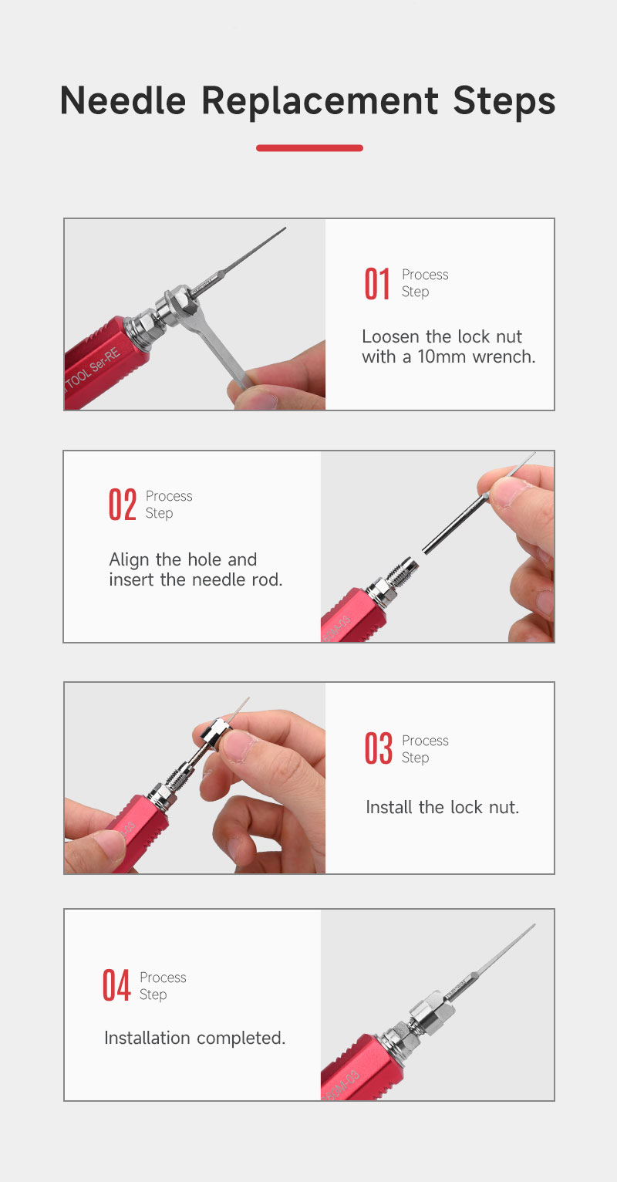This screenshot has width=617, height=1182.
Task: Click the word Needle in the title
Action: (x=123, y=100)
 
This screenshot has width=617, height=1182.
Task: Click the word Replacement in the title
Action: (x=319, y=101)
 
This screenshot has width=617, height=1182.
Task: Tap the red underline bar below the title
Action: (x=309, y=148)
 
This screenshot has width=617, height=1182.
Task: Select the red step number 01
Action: (x=377, y=284)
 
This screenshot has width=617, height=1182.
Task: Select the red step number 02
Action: (x=123, y=505)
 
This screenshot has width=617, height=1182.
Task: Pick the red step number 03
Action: (x=379, y=748)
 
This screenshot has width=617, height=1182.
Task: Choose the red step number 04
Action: (x=116, y=985)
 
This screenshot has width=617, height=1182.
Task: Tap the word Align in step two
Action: (x=130, y=560)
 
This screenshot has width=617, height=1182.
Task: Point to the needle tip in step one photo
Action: (x=285, y=228)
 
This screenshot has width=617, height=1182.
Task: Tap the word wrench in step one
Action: (x=504, y=357)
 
